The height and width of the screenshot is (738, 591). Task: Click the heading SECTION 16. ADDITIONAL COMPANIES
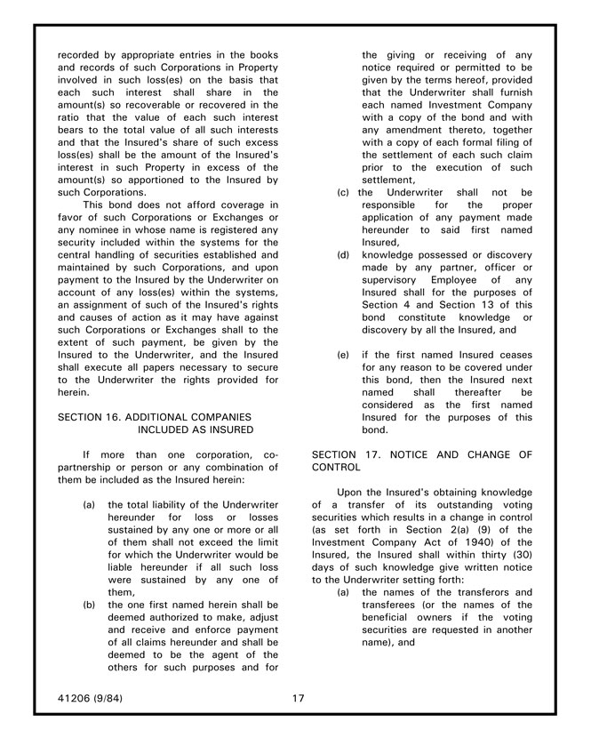[154, 416]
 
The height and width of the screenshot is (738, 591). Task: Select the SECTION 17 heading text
[422, 461]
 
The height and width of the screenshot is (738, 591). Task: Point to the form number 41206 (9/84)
[90, 698]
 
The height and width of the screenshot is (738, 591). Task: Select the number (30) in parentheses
[520, 554]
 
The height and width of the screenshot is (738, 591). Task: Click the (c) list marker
[343, 191]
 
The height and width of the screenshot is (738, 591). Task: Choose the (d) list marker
[344, 253]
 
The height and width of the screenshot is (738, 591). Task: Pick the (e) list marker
[344, 354]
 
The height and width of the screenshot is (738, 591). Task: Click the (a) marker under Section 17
[344, 592]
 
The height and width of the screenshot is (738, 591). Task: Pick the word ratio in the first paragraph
[71, 116]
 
